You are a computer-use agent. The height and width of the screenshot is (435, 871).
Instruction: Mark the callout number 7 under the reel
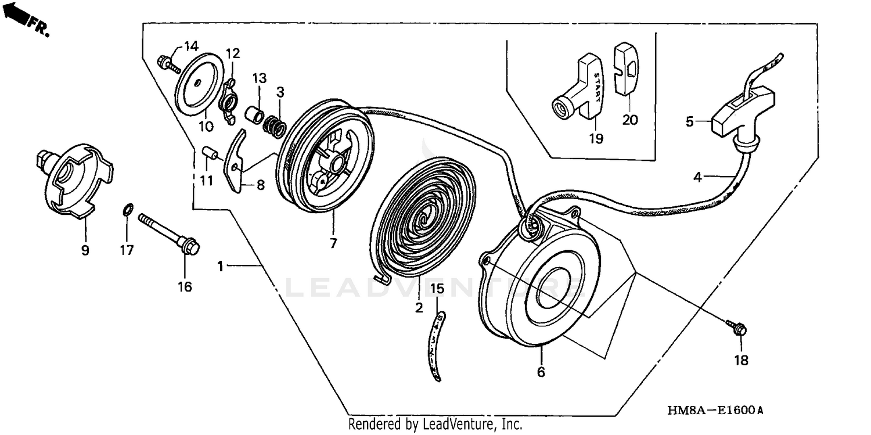point(333,244)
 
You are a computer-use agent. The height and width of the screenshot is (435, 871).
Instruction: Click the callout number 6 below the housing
point(541,372)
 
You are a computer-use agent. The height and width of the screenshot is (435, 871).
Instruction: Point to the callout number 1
point(221,266)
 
